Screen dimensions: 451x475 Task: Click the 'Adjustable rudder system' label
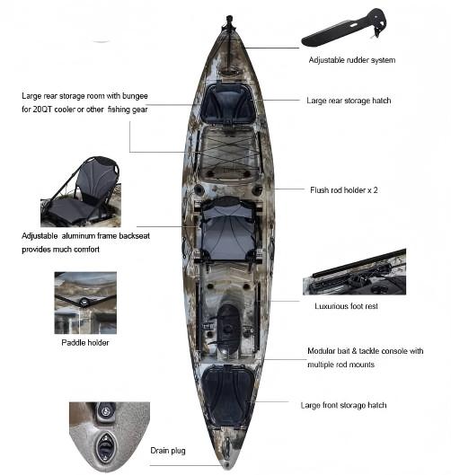352,60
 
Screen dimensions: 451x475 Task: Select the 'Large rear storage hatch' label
349,101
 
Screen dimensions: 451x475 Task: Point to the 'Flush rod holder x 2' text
344,190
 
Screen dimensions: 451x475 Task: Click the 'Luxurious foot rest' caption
346,306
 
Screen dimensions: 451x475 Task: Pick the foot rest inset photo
354,272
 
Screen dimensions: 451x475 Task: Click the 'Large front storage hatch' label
343,405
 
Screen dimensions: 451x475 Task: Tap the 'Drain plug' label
168,451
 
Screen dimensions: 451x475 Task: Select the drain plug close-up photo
110,435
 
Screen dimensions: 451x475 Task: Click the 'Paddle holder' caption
85,343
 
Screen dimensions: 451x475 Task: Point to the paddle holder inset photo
85,303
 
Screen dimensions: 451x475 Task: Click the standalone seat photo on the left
81,191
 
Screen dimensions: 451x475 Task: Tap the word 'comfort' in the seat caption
86,250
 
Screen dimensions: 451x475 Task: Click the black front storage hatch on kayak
228,396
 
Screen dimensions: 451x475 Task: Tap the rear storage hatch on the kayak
228,103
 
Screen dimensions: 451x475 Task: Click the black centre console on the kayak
228,330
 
